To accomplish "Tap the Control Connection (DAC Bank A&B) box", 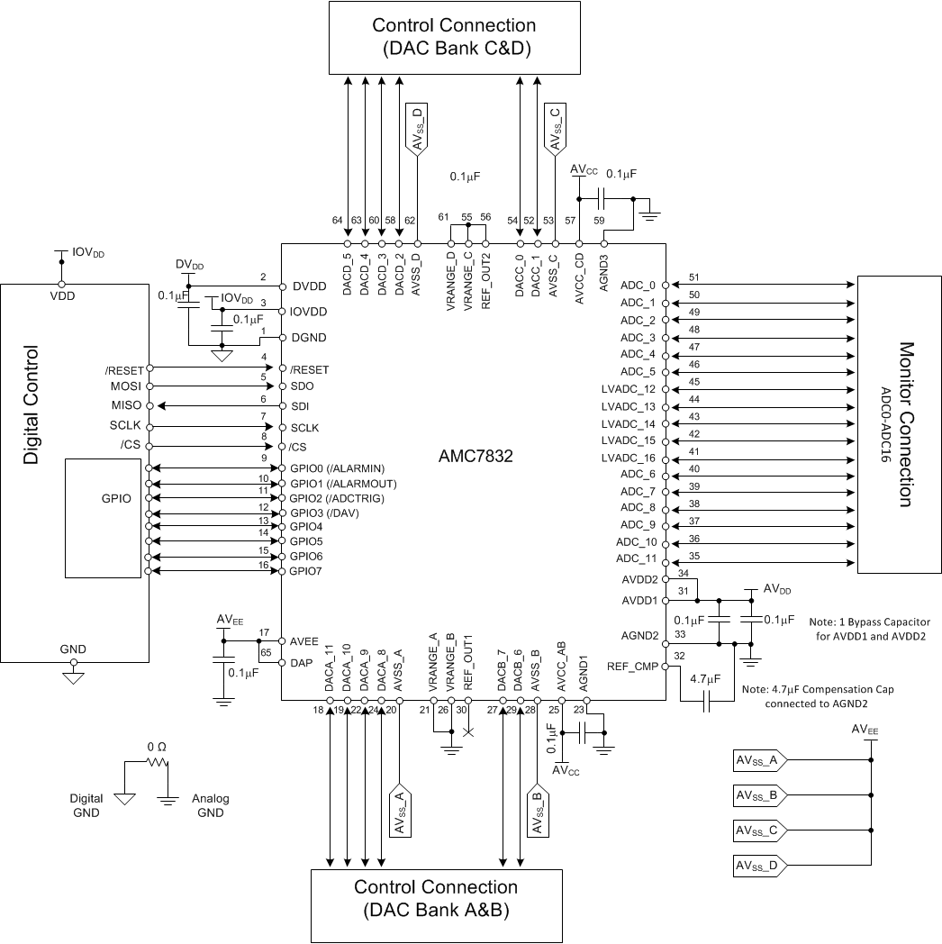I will (436, 898).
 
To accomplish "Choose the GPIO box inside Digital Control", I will (104, 518).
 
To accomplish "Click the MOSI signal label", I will (124, 386).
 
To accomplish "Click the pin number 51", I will (693, 277).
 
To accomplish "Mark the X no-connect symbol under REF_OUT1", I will (467, 732).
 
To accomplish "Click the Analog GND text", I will (211, 805).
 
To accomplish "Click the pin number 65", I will (266, 651).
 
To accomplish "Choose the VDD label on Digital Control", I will (62, 295).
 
